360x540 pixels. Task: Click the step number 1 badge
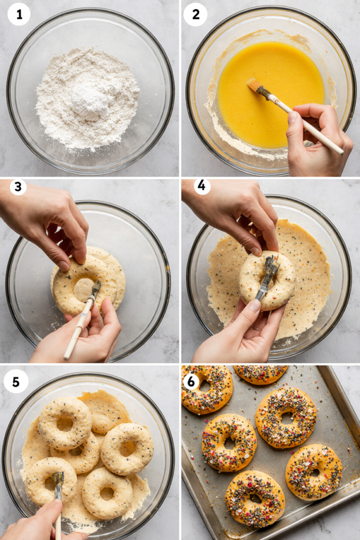pyautogui.click(x=19, y=14)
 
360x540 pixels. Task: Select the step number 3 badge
pyautogui.click(x=18, y=187)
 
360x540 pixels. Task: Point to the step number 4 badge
pyautogui.click(x=201, y=186)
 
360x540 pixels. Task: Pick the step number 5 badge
pyautogui.click(x=16, y=382)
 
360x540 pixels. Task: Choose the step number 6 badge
pyautogui.click(x=191, y=382)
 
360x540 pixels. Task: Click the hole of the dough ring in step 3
pyautogui.click(x=83, y=290)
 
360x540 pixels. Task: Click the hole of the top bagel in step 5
pyautogui.click(x=64, y=423)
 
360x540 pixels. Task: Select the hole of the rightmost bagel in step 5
pyautogui.click(x=127, y=448)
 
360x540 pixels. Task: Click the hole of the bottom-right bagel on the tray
pyautogui.click(x=314, y=472)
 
